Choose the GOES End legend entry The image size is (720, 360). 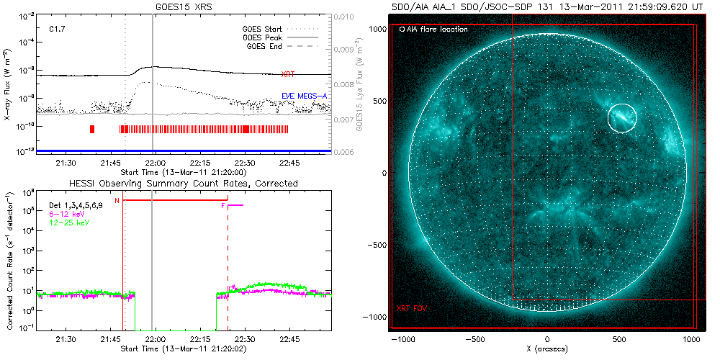click(x=264, y=46)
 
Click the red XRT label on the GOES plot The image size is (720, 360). click(x=288, y=74)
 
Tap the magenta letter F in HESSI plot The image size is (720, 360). click(x=223, y=207)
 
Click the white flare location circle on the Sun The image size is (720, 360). click(x=622, y=117)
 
